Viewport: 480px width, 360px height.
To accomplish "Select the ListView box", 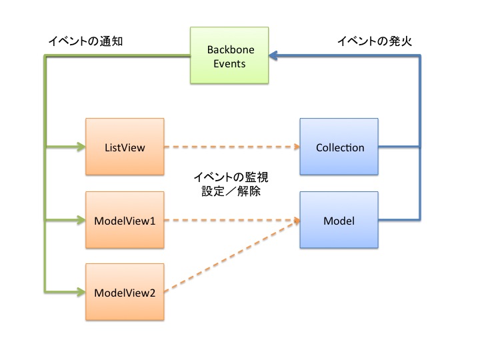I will pyautogui.click(x=125, y=147).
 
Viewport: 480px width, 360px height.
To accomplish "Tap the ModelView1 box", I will pyautogui.click(x=125, y=219).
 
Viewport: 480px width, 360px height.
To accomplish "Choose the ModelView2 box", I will pyautogui.click(x=125, y=292).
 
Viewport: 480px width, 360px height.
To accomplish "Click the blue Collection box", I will pyautogui.click(x=339, y=147).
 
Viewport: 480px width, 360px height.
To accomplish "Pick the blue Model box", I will pyautogui.click(x=339, y=219).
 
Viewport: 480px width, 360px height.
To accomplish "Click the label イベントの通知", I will pyautogui.click(x=85, y=41).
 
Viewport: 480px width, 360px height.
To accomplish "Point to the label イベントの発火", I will pyautogui.click(x=374, y=41).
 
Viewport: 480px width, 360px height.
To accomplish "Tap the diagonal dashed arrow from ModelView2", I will pyautogui.click(x=230, y=257).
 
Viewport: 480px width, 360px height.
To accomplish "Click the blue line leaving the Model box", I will pyautogui.click(x=400, y=219).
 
